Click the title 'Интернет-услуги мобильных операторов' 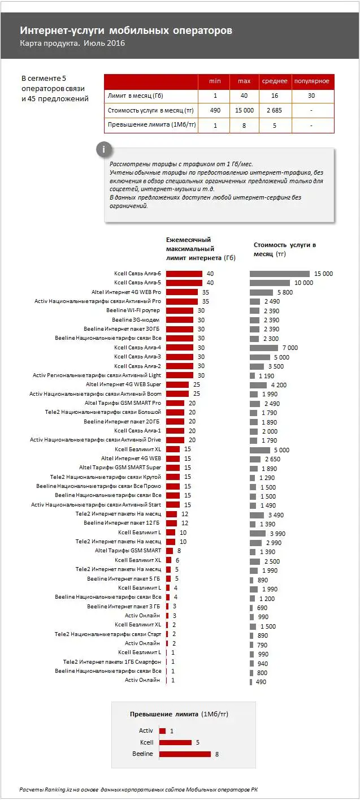pyautogui.click(x=126, y=31)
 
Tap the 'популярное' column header pyautogui.click(x=313, y=81)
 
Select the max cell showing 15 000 pyautogui.click(x=244, y=110)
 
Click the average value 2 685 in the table pyautogui.click(x=274, y=110)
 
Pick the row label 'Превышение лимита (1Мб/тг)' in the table pyautogui.click(x=151, y=125)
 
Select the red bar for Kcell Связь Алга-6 pyautogui.click(x=184, y=274)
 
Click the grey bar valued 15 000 pyautogui.click(x=280, y=274)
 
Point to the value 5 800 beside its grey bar pyautogui.click(x=284, y=292)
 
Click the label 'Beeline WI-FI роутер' pyautogui.click(x=133, y=311)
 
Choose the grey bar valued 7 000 pyautogui.click(x=264, y=348)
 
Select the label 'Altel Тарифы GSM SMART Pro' pyautogui.click(x=123, y=403)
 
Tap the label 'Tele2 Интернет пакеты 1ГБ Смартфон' pyautogui.click(x=112, y=661)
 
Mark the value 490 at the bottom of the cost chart pyautogui.click(x=261, y=682)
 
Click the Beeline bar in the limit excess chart pyautogui.click(x=185, y=754)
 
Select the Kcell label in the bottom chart pyautogui.click(x=146, y=742)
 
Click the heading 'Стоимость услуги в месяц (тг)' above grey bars pyautogui.click(x=284, y=249)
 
